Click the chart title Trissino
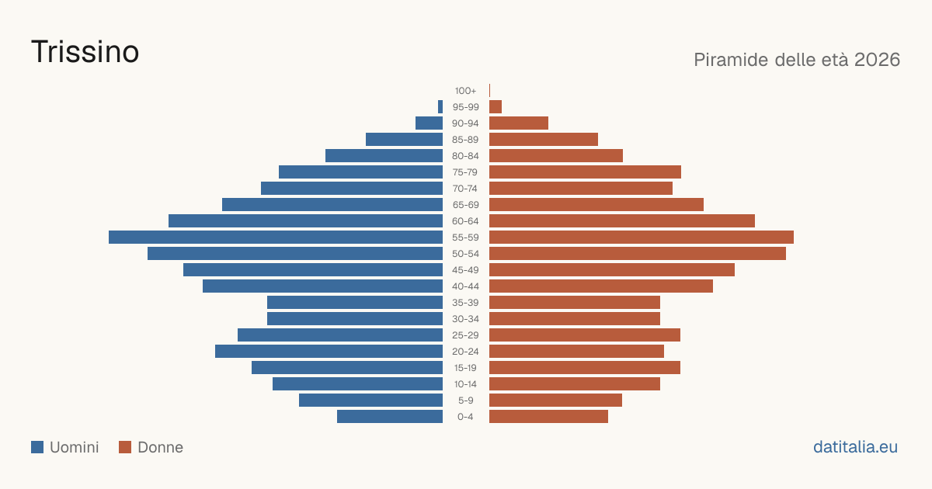(x=85, y=52)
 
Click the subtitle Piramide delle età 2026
(x=797, y=60)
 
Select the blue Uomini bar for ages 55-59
(x=276, y=237)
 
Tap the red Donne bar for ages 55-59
(x=642, y=237)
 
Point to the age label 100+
(x=465, y=91)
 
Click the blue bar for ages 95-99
(x=440, y=107)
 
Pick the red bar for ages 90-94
(x=519, y=123)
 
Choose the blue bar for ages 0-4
(x=390, y=416)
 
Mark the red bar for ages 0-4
(x=548, y=416)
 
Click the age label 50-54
(x=465, y=254)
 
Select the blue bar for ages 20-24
(x=329, y=352)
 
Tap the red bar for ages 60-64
(x=621, y=220)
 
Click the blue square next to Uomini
(x=37, y=447)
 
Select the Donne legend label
(x=160, y=447)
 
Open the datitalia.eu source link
(x=855, y=447)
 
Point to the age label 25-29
(x=465, y=335)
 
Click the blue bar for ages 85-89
(x=404, y=139)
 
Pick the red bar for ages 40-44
(x=601, y=286)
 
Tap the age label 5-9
(x=465, y=401)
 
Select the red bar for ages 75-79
(x=585, y=172)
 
